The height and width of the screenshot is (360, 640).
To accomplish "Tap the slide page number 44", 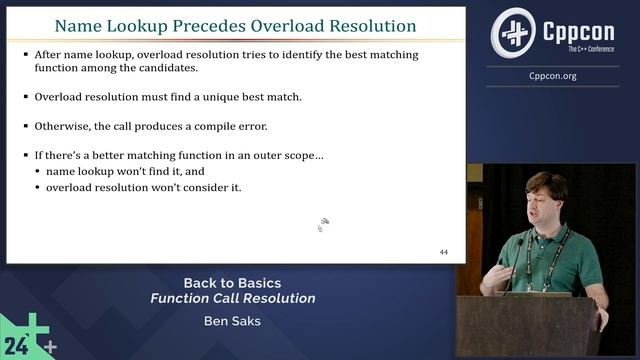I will [444, 251].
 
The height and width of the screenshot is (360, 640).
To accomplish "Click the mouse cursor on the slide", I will [323, 223].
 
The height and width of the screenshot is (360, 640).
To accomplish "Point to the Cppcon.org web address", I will [552, 76].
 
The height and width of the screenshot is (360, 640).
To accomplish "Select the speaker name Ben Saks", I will [233, 322].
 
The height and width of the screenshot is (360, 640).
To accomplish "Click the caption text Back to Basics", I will [232, 282].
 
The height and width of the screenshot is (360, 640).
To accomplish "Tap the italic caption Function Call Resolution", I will [233, 298].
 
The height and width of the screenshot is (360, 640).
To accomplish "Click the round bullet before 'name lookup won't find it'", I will [37, 172].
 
